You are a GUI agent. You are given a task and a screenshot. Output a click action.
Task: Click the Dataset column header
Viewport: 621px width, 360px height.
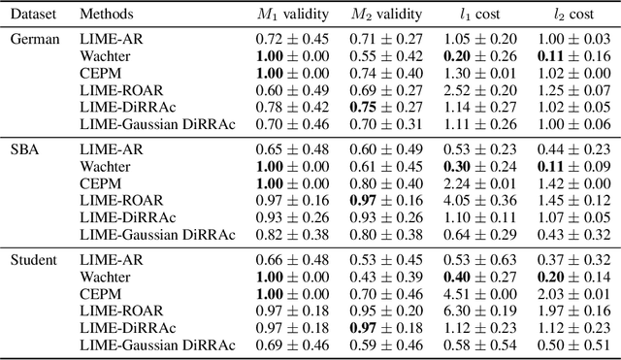coord(32,14)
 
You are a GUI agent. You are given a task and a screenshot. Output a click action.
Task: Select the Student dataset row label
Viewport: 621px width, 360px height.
coord(32,260)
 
